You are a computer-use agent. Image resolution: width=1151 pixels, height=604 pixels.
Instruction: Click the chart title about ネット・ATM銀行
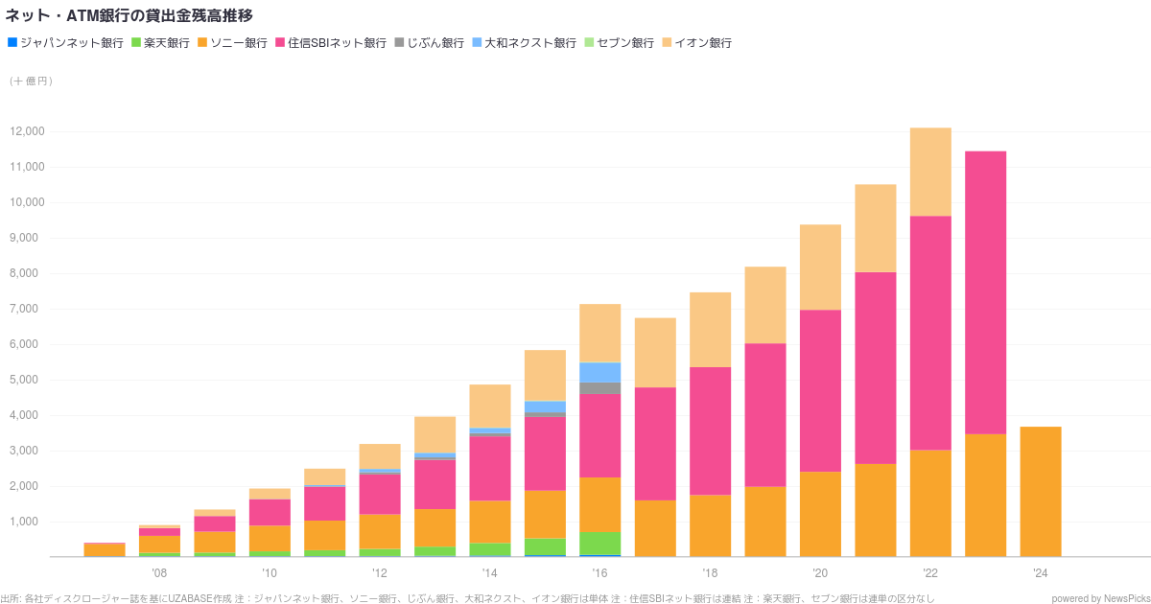point(129,15)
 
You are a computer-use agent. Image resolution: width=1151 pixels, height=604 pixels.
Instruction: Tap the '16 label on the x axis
point(599,573)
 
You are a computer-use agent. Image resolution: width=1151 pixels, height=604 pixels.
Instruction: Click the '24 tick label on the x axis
point(1040,573)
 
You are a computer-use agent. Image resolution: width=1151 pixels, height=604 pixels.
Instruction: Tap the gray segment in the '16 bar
point(599,388)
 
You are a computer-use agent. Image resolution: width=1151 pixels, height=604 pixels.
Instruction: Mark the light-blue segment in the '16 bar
point(599,372)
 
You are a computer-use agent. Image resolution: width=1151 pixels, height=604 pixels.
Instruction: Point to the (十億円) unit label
point(32,81)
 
